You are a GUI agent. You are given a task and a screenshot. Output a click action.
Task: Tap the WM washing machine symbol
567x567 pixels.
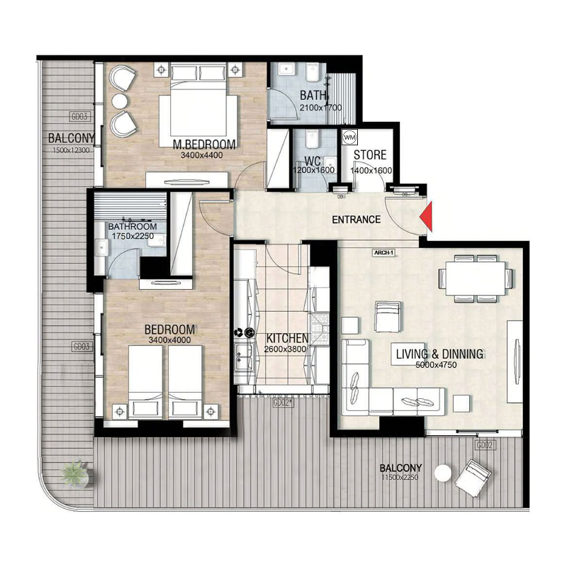tap(349, 136)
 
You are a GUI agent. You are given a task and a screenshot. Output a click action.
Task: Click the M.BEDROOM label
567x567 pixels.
tap(208, 145)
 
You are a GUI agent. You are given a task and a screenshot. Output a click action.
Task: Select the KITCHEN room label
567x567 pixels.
tap(287, 338)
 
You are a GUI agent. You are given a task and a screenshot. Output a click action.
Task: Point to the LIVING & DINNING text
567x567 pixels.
tap(439, 354)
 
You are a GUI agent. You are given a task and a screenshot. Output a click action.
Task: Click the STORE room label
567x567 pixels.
tap(370, 155)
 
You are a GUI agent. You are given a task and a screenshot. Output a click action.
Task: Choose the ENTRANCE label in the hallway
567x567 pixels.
tap(356, 220)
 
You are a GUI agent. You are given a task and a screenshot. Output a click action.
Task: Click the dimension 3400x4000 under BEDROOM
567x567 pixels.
tap(170, 340)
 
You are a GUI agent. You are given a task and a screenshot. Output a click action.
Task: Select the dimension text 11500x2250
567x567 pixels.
tap(400, 479)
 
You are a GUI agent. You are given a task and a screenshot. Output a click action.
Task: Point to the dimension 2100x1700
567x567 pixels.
tap(320, 108)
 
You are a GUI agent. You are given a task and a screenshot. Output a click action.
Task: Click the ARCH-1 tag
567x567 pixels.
tap(383, 252)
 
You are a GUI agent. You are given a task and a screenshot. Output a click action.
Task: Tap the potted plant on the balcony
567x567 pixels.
tap(74, 473)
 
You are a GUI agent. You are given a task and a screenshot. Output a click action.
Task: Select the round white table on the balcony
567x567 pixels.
tap(444, 473)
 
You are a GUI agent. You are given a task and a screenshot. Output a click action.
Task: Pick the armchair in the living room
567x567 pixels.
tap(388, 316)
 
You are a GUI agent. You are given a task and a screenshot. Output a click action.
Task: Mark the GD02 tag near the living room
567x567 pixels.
tap(485, 445)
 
